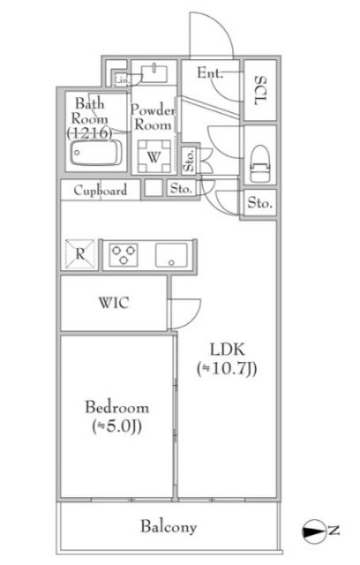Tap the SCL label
pos(260,89)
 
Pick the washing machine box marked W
pos(154,157)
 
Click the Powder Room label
pos(154,117)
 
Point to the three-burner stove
pos(124,254)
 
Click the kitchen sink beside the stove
pos(170,255)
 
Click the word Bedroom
pos(116,408)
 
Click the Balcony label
pos(167,527)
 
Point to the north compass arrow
pos(314,531)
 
